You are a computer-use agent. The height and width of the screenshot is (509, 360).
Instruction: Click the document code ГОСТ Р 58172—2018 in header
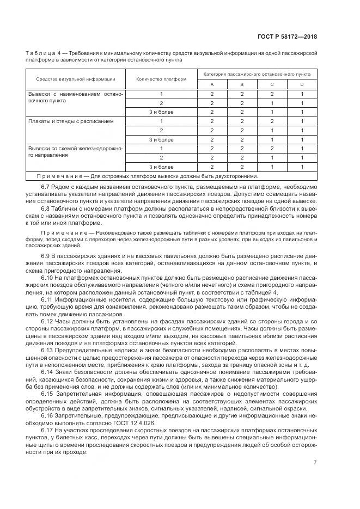click(x=287, y=37)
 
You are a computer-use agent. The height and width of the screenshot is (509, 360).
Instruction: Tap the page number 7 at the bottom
click(x=315, y=463)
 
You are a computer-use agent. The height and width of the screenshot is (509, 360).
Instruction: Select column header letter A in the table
click(x=212, y=84)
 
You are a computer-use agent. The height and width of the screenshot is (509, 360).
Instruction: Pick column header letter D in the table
click(x=302, y=84)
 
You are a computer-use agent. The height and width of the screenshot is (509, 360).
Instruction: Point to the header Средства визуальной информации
click(x=76, y=79)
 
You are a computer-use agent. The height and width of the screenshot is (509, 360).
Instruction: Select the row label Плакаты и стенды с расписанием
click(x=71, y=121)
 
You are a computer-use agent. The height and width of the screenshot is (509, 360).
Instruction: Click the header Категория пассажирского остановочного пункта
click(x=257, y=73)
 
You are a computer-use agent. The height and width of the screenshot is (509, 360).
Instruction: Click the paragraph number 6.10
click(x=47, y=278)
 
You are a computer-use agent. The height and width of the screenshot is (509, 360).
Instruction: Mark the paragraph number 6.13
click(x=47, y=349)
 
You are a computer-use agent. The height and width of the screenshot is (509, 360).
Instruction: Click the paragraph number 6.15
click(x=47, y=393)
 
